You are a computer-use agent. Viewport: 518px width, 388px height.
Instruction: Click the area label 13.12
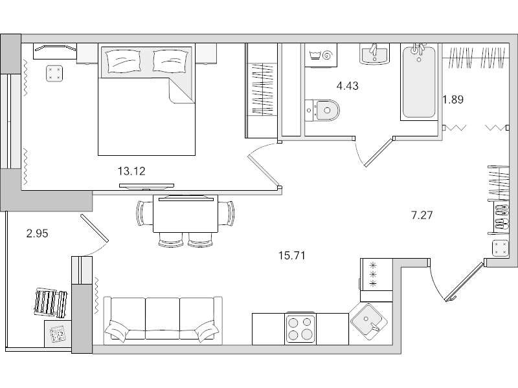tap(130, 171)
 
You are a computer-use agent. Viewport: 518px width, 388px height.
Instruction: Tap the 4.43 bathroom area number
tap(348, 85)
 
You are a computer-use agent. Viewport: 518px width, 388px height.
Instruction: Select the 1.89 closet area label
tap(453, 100)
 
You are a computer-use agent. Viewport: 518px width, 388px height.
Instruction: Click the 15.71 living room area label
tap(291, 255)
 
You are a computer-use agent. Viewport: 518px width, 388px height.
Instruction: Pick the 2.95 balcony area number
tap(38, 234)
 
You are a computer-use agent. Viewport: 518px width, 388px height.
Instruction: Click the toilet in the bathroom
tap(324, 110)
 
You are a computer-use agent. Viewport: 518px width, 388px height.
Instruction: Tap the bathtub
tap(419, 82)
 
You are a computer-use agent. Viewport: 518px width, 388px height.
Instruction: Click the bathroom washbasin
tap(374, 53)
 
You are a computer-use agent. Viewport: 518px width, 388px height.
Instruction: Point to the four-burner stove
tap(300, 329)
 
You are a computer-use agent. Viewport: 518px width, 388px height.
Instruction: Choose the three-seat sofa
tap(163, 320)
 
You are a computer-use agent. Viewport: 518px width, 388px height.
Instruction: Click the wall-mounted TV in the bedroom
tap(146, 186)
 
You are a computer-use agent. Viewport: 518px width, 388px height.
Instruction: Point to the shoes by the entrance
tap(501, 218)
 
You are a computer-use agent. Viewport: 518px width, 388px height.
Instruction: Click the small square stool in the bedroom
tap(54, 72)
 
